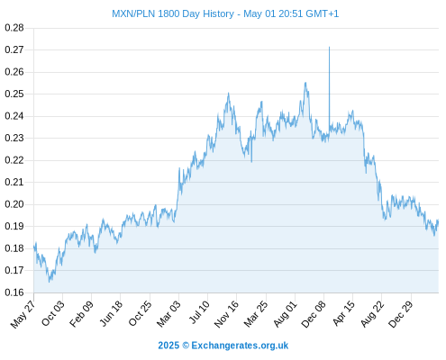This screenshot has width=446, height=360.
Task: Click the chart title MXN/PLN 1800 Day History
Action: point(173,13)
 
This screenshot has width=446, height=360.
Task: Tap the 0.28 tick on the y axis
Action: point(14,28)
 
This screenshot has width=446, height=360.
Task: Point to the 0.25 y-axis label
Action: point(14,94)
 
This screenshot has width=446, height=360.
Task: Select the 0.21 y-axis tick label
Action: point(14,182)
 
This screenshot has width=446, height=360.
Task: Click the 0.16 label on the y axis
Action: point(14,292)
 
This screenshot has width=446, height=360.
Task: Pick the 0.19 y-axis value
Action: point(14,226)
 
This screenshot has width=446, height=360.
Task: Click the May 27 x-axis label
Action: point(23,314)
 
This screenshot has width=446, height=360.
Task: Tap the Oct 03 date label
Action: point(53,313)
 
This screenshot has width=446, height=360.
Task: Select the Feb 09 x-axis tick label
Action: point(82,313)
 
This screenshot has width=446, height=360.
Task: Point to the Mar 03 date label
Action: point(168,313)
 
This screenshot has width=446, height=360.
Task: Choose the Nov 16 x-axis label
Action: point(226,314)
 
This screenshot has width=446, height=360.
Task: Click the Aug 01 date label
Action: point(286,314)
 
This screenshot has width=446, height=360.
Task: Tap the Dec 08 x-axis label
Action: point(314,314)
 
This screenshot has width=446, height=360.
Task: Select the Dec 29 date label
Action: point(401,314)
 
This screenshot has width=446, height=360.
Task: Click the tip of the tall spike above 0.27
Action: point(329,47)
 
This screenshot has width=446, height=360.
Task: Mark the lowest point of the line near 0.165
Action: point(50,282)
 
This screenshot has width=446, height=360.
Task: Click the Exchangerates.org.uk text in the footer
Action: point(240,346)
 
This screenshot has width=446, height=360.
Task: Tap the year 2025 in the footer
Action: point(168,346)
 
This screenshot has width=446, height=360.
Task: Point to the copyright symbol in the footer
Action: point(186,346)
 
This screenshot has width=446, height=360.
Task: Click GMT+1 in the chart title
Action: point(323,13)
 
